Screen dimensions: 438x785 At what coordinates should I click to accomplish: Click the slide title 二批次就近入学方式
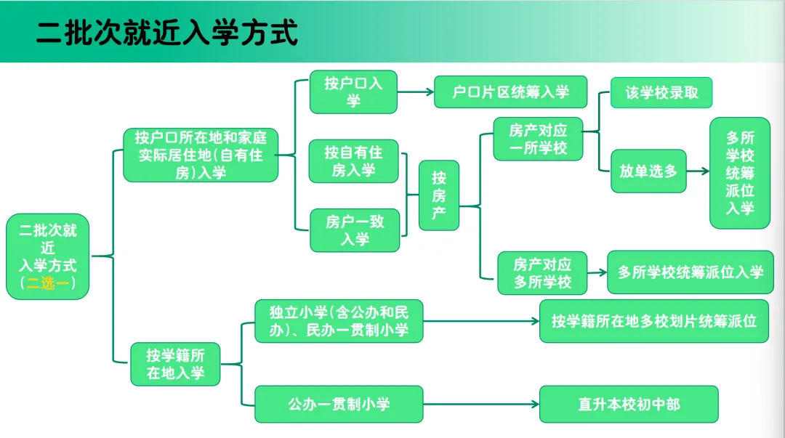(x=167, y=33)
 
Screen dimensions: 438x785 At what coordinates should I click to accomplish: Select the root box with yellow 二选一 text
(x=48, y=256)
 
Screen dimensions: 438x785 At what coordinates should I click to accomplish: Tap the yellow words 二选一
(x=48, y=284)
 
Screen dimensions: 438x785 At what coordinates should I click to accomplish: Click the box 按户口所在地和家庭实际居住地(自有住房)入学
(x=201, y=155)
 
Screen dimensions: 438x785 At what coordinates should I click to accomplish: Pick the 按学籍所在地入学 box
(x=175, y=364)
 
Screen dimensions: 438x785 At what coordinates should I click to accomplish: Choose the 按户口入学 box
(x=353, y=92)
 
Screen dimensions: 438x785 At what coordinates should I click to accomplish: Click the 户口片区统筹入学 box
(x=510, y=92)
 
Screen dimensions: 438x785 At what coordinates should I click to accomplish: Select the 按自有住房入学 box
(x=354, y=161)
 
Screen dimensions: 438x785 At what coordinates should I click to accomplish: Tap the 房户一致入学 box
(x=355, y=230)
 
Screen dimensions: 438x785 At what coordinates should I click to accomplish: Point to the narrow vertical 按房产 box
(x=439, y=195)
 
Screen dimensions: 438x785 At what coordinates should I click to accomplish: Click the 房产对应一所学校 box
(x=538, y=139)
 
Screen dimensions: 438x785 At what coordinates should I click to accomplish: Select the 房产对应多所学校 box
(x=542, y=272)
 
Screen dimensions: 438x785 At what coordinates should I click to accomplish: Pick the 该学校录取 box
(x=661, y=92)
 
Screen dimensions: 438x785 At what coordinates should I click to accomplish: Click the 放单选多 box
(x=648, y=171)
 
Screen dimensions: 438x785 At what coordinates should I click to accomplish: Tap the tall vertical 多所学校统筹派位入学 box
(x=740, y=173)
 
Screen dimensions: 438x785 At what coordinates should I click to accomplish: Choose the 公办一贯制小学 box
(x=339, y=404)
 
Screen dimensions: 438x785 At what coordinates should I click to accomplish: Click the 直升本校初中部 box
(x=629, y=404)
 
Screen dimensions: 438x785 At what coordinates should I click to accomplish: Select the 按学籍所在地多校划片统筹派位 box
(x=653, y=320)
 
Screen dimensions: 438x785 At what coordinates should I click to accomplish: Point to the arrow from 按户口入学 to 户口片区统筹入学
(x=415, y=92)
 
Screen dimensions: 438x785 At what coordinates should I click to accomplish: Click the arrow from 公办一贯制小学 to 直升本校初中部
(x=480, y=404)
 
